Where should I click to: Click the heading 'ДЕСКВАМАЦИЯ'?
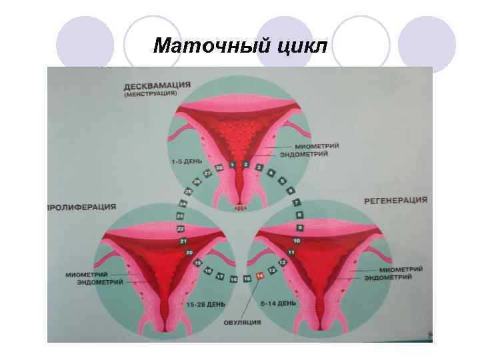click(157, 85)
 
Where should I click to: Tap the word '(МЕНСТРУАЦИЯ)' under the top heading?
click(150, 94)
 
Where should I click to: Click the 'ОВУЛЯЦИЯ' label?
click(243, 323)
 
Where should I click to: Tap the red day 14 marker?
click(260, 276)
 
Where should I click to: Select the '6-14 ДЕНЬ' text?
click(278, 303)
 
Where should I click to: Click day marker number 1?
click(232, 163)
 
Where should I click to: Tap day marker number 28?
click(219, 167)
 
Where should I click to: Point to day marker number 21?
click(183, 241)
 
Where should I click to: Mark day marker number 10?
click(297, 241)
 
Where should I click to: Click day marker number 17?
click(220, 275)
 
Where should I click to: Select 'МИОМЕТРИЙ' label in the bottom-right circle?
click(391, 269)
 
